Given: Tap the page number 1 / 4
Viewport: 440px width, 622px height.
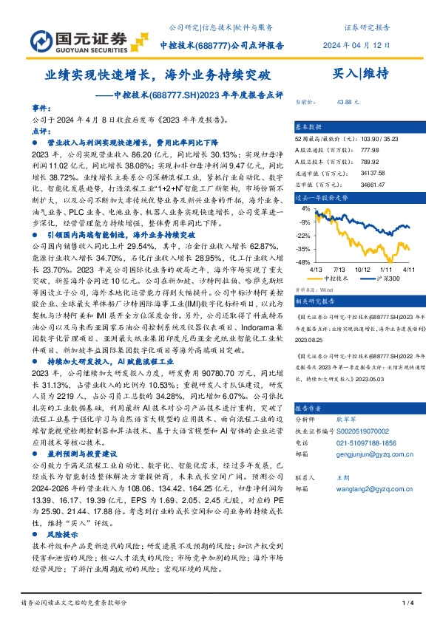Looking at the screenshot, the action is pyautogui.click(x=407, y=604).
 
